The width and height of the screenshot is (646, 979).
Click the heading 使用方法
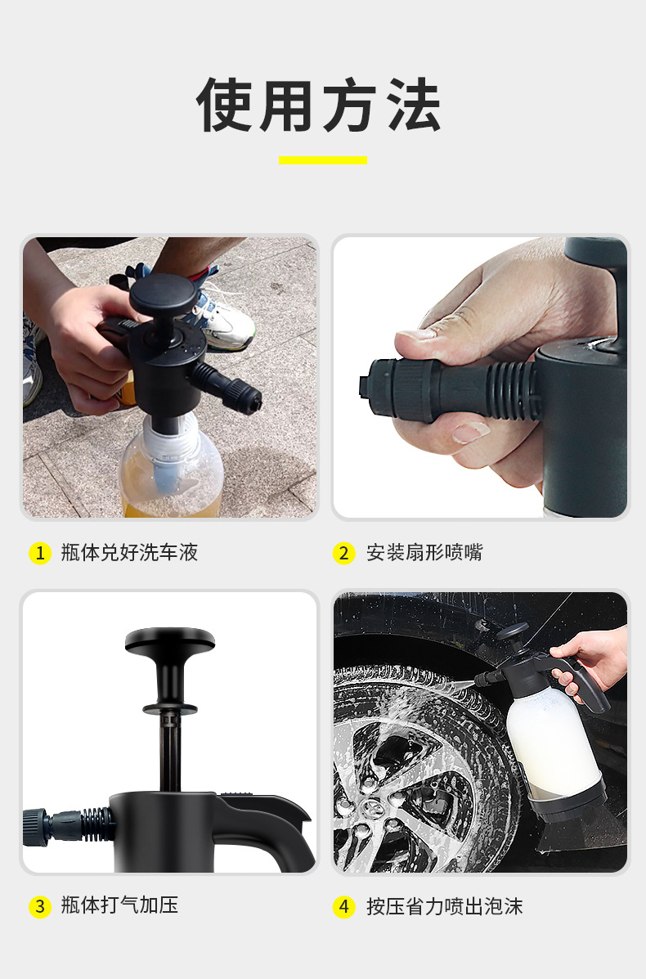(x=319, y=105)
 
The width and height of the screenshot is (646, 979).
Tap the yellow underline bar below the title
(x=323, y=160)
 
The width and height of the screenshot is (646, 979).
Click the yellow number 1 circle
(x=40, y=553)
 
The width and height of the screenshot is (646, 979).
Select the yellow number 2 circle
(x=344, y=553)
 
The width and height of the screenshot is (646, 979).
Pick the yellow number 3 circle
(x=40, y=906)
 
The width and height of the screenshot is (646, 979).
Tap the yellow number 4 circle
(x=344, y=906)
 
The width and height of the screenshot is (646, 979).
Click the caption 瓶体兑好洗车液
(x=129, y=553)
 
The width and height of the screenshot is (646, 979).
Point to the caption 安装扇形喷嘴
(x=424, y=553)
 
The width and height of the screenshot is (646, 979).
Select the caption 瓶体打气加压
(x=119, y=905)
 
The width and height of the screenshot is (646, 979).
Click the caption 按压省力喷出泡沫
(x=444, y=906)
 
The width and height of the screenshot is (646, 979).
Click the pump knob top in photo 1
(x=163, y=294)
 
